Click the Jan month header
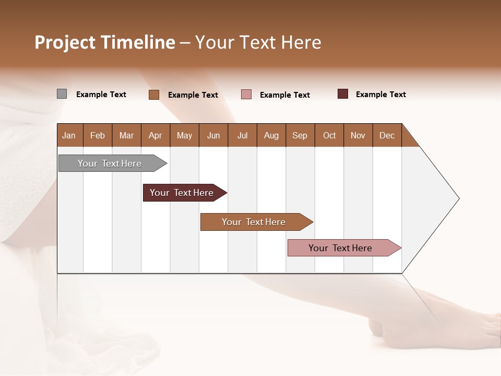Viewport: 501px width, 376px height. pos(69,135)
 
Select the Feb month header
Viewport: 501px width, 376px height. pos(98,135)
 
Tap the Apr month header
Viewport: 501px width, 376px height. pos(156,135)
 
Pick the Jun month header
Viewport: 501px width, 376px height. pos(213,135)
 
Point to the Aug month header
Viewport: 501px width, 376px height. pos(271,135)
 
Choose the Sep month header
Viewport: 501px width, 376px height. pos(300,135)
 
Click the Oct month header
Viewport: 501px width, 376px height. pos(329,135)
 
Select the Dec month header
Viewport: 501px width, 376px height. pos(387,135)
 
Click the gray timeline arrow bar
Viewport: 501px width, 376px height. pos(110,163)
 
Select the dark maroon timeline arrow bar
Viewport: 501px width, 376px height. pos(182,193)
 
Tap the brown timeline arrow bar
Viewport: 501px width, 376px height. pos(254,222)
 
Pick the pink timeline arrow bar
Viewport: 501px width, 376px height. pos(340,248)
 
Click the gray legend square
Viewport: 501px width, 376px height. pos(62,94)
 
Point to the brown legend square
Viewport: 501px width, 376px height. pos(154,95)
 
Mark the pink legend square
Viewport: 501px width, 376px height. pos(246,95)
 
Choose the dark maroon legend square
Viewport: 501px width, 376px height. pos(343,94)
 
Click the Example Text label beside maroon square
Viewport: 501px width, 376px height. pos(380,95)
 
